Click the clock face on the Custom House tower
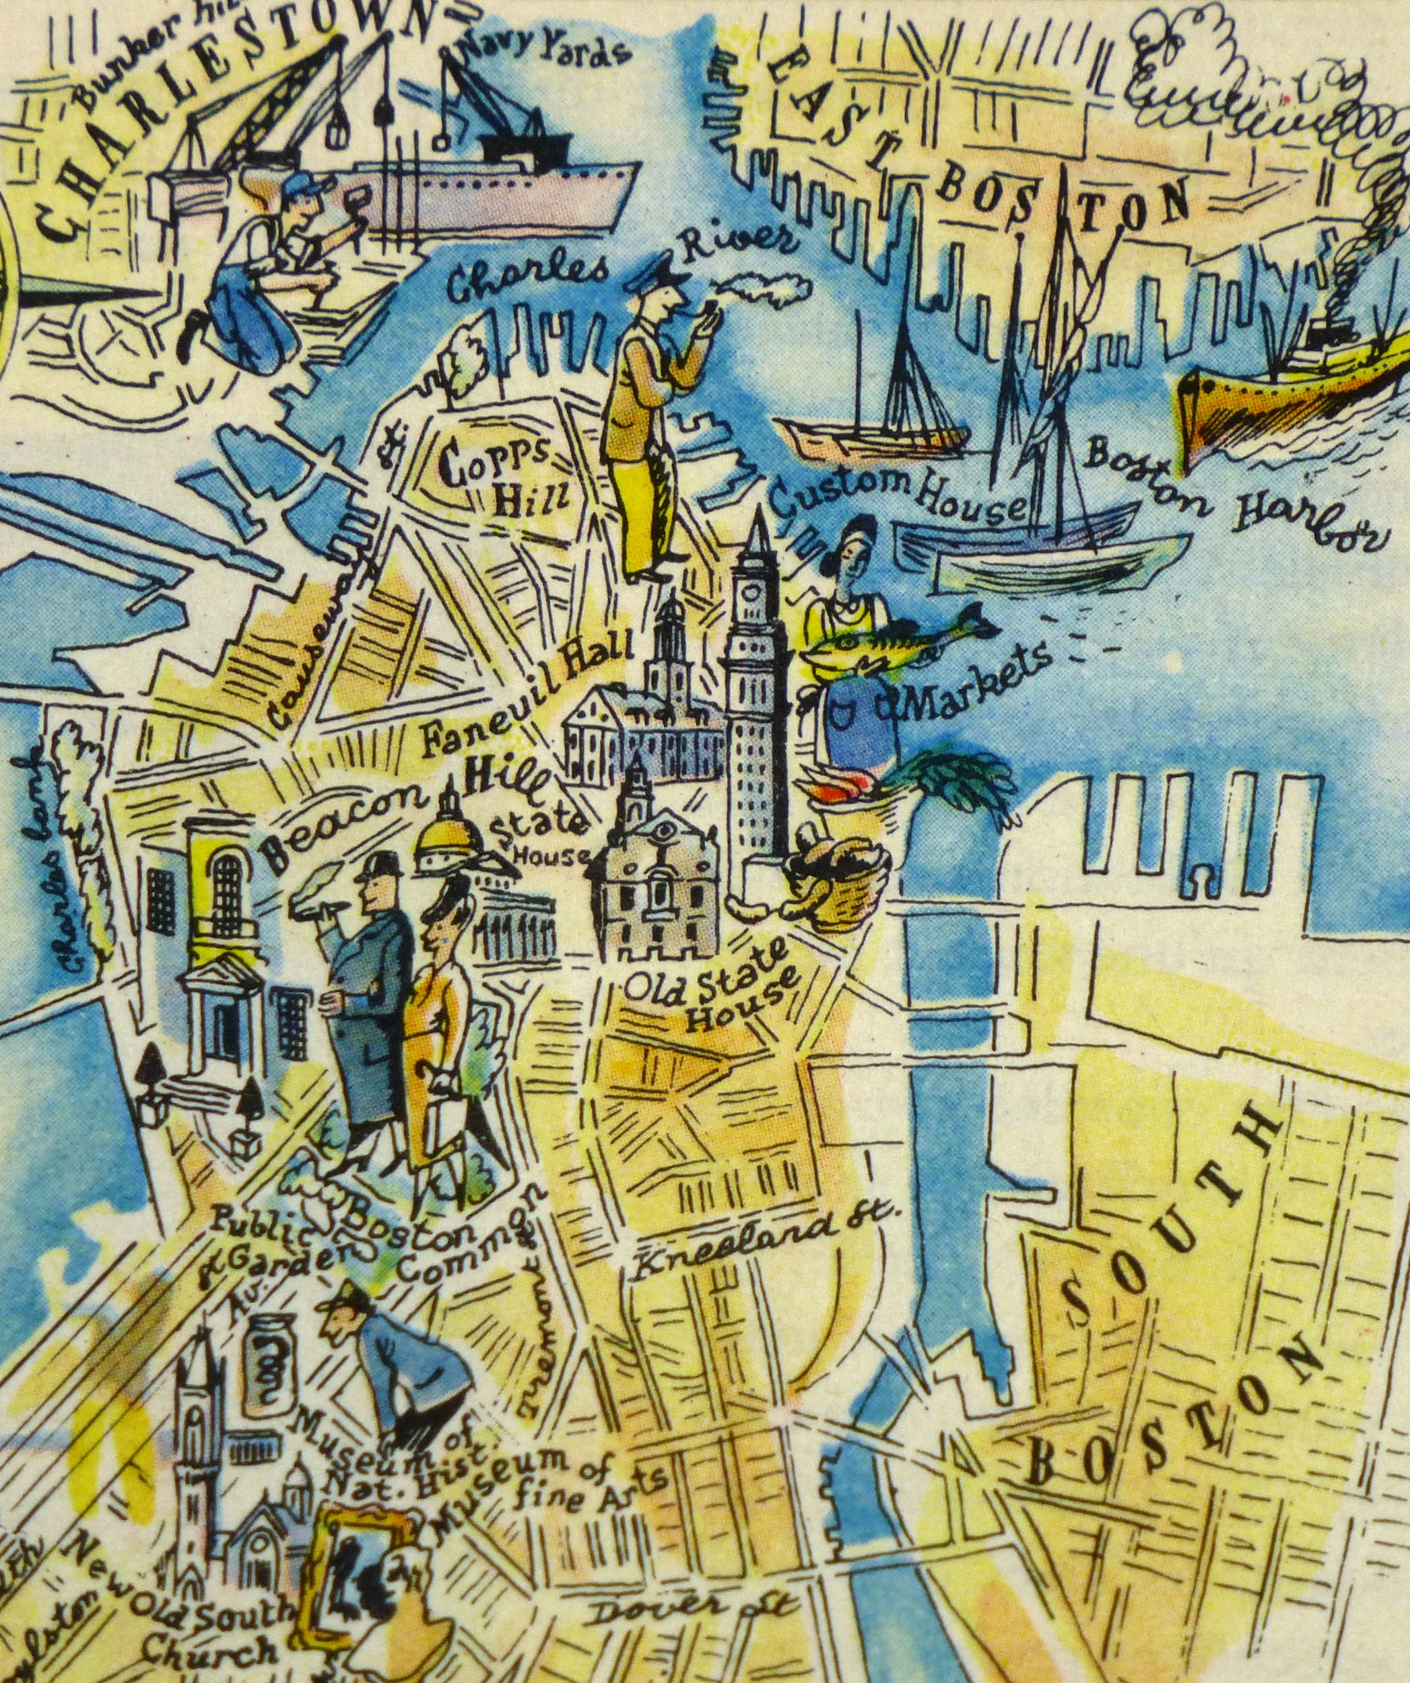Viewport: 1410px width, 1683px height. [x=753, y=594]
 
